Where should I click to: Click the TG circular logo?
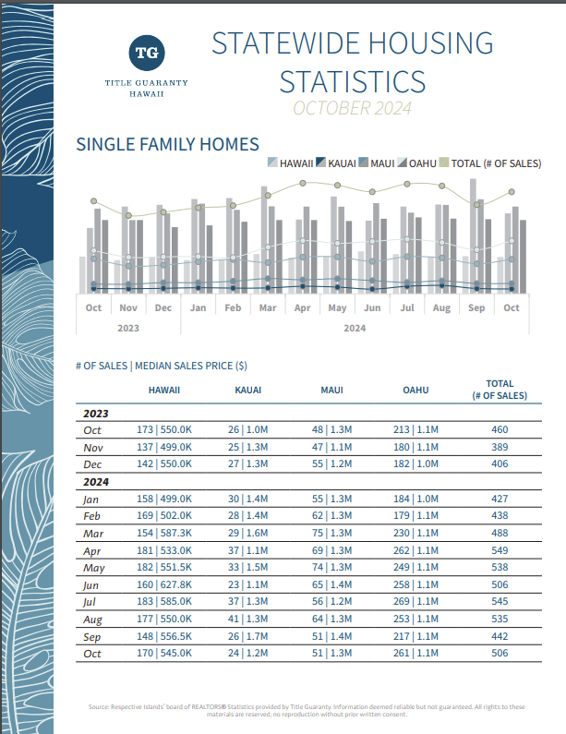[147, 53]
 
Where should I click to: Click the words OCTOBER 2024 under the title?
[352, 108]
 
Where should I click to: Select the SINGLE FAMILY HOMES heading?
[168, 144]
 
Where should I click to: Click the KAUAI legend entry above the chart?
[336, 162]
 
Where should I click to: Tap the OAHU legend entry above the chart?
[416, 162]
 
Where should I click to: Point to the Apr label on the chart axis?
[303, 307]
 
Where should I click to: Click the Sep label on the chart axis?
[476, 307]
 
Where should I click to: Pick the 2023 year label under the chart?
[128, 328]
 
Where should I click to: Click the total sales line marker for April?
[303, 183]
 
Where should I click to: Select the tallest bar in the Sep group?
[473, 236]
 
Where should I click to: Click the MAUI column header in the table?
[331, 390]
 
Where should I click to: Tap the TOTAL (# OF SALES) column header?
[500, 390]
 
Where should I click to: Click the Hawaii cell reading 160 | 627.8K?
[164, 584]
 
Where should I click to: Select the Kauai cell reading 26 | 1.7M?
[248, 636]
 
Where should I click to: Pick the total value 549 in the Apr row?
[500, 550]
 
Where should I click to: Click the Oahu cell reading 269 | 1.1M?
[415, 602]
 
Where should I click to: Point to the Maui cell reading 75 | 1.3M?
[331, 533]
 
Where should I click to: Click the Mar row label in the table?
[93, 534]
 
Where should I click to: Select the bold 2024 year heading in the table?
[96, 482]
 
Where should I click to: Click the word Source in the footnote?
[98, 707]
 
